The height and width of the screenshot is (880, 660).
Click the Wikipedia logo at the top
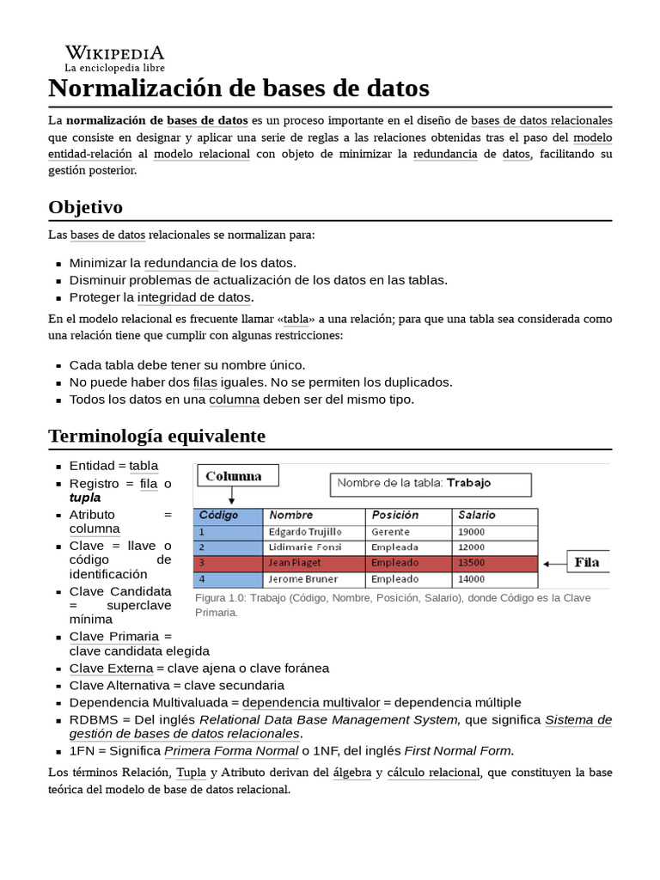(x=114, y=58)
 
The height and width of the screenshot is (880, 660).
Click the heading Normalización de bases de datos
(x=239, y=88)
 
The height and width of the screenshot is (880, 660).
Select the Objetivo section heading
(x=86, y=207)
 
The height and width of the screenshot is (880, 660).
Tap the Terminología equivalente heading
(x=157, y=436)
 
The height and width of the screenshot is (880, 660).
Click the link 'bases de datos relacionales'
(x=541, y=120)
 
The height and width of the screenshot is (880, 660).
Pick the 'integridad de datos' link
(x=194, y=297)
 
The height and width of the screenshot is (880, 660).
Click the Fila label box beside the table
(x=588, y=563)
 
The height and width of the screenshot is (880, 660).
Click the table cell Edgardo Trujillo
(x=305, y=532)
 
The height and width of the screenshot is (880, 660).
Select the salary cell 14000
(x=472, y=579)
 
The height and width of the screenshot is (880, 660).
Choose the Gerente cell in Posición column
(x=391, y=532)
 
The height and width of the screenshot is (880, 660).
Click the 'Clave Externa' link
(x=111, y=668)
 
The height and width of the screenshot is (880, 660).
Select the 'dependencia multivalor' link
(x=310, y=702)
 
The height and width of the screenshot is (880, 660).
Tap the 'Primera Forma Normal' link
(x=231, y=750)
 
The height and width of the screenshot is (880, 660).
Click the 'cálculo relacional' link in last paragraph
(x=433, y=773)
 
